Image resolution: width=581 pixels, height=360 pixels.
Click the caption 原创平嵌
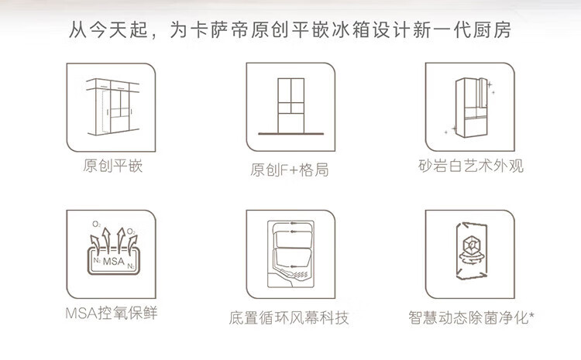pos(112,166)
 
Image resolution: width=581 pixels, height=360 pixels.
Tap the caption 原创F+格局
pos(290,170)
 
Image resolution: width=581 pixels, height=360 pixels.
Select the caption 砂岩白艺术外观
pos(470,166)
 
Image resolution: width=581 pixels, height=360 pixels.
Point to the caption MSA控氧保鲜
pos(111,313)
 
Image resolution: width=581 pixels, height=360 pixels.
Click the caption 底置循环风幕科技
pos(289,317)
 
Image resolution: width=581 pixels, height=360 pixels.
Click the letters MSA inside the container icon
pos(113,262)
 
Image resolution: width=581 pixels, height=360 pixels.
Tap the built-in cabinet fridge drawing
pos(112,107)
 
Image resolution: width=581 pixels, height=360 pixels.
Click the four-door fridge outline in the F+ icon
pos(290,105)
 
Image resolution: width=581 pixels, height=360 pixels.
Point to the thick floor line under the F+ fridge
pos(290,134)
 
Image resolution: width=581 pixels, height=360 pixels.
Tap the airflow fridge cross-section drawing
pos(290,254)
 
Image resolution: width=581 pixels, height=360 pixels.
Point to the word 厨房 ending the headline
pos(492,29)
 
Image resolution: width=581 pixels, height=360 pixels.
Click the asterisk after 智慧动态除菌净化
pos(531,315)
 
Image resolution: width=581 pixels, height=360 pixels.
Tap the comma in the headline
pos(154,35)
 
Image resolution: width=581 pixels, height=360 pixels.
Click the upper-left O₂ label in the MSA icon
pos(96,224)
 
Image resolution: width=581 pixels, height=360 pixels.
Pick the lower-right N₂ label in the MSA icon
pos(131,266)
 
